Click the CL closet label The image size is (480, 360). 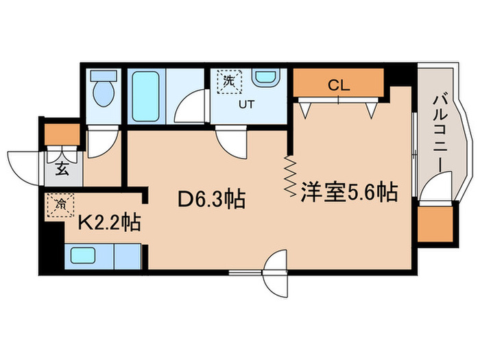339,86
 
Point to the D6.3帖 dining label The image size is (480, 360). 212,200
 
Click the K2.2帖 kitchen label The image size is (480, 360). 110,222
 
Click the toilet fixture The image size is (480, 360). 103,93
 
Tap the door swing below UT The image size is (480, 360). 230,142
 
